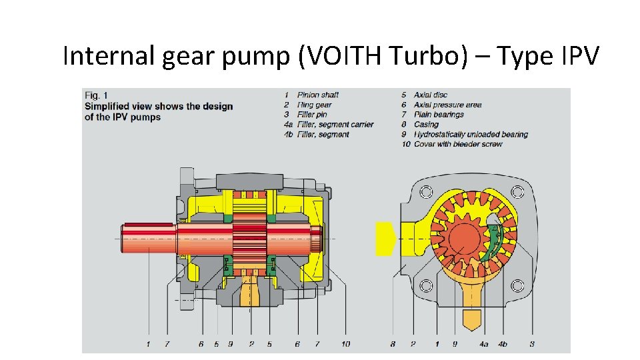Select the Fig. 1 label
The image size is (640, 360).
(96, 95)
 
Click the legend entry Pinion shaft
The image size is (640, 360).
(317, 95)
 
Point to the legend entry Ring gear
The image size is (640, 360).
(314, 105)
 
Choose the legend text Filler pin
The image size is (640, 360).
(312, 115)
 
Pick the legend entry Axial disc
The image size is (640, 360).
(430, 95)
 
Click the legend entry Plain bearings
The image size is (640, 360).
(439, 115)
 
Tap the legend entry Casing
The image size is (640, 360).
(426, 125)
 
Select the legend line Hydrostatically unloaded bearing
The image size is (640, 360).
(471, 134)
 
